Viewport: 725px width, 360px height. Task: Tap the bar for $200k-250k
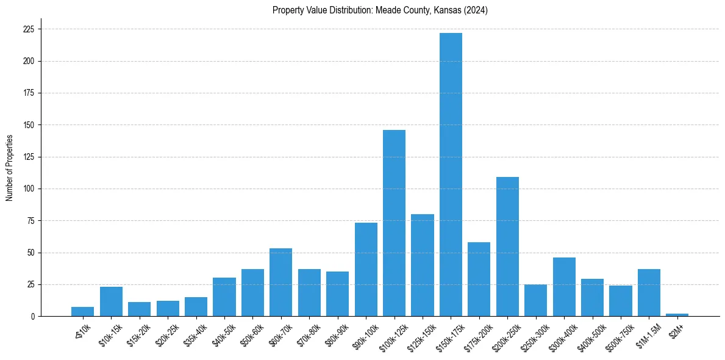pos(507,247)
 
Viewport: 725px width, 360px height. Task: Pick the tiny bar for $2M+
pos(677,315)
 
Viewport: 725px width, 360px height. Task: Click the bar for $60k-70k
pos(280,282)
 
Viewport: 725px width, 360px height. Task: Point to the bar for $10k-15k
pos(111,301)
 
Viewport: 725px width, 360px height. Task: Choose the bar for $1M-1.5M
pos(649,292)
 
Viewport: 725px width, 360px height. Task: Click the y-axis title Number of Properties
pos(9,168)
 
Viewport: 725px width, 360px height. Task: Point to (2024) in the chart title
pos(476,10)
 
